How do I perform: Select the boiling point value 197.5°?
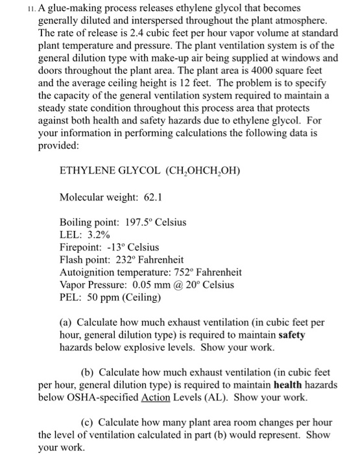coord(138,222)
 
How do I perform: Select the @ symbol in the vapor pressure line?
coord(176,285)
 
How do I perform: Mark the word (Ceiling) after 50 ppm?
coord(135,297)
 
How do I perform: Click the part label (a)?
coord(67,322)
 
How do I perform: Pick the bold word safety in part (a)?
coord(292,335)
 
